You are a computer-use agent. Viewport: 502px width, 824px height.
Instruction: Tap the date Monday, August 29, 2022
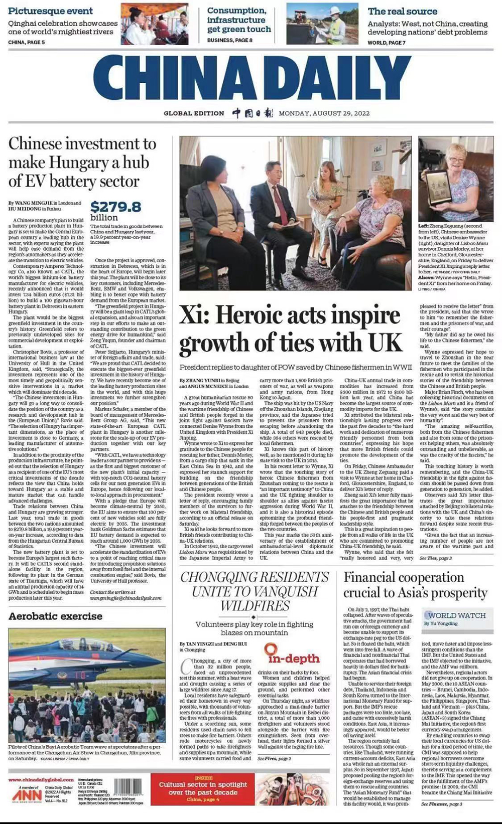tap(324, 113)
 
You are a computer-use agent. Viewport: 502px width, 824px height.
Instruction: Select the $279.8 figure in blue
tap(116, 207)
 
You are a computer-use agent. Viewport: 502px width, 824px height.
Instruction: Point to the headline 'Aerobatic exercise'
tap(55, 616)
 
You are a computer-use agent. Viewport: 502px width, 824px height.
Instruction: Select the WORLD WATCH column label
tap(456, 615)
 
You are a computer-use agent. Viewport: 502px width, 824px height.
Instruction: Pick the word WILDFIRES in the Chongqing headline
tap(255, 605)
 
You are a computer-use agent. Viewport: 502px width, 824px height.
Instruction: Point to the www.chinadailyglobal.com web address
tap(41, 780)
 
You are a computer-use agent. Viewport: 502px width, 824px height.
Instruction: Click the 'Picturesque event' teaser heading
tap(50, 11)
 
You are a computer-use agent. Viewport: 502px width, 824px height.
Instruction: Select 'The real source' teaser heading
tap(402, 11)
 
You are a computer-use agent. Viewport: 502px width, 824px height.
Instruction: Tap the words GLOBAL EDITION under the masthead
tap(194, 113)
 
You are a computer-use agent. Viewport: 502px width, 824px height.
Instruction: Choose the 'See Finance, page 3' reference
tap(441, 804)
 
